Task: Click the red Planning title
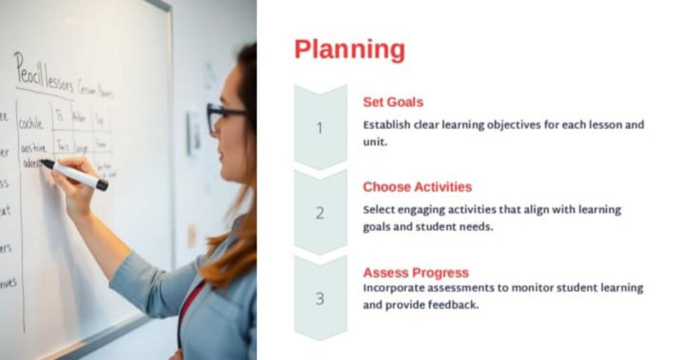[x=349, y=50]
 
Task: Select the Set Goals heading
[x=393, y=102]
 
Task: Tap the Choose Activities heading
[x=417, y=187]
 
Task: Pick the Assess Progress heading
[x=415, y=272]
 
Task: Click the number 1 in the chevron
[x=319, y=128]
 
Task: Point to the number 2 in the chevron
[x=320, y=213]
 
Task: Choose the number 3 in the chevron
[x=320, y=298]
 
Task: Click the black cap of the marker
[x=102, y=185]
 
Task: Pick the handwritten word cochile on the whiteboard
[x=31, y=124]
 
